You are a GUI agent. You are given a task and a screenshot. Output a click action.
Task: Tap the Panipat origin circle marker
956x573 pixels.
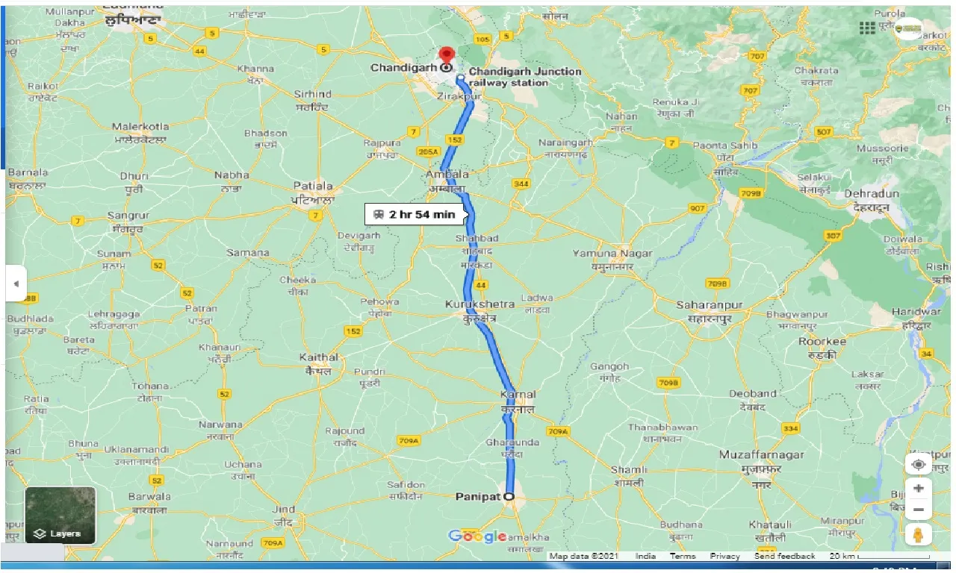pos(509,496)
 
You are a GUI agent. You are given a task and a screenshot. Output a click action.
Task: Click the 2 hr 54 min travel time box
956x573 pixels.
pos(415,215)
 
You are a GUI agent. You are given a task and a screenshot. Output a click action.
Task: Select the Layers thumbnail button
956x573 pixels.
pos(60,515)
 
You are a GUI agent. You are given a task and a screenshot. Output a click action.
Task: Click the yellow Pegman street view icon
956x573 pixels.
pos(918,534)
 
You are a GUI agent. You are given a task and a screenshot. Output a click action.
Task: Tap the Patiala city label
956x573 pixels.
pos(312,186)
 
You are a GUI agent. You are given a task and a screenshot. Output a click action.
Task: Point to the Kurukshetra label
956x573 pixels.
pos(480,304)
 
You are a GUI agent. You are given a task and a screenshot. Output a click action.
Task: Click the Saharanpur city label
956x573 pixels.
pos(709,305)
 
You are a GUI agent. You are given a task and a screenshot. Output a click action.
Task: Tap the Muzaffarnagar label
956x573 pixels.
pos(761,454)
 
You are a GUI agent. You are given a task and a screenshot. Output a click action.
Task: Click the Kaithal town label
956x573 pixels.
pos(318,357)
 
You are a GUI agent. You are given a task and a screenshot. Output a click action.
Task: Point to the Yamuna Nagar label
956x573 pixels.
pos(612,254)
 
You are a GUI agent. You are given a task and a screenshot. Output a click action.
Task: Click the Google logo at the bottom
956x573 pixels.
pos(477,536)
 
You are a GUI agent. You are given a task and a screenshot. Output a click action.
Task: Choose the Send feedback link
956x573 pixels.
pos(784,557)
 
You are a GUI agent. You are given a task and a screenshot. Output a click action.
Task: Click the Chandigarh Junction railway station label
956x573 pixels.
pos(524,77)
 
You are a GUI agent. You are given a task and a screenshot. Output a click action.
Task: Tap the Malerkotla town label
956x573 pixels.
pos(140,127)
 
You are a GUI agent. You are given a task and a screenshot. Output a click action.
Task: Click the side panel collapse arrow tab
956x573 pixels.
pos(16,284)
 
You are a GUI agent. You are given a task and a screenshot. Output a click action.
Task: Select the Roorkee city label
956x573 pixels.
pos(822,342)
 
